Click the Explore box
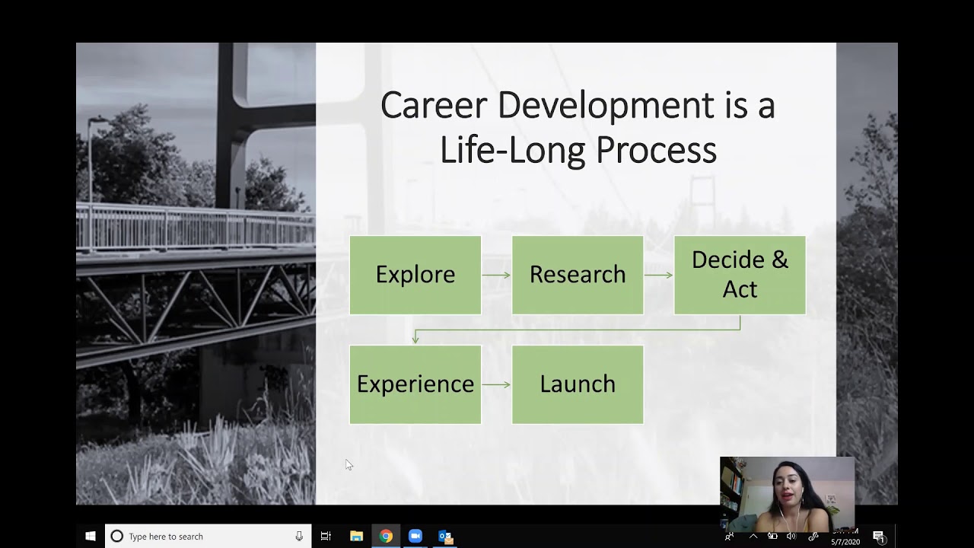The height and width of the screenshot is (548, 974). tap(415, 275)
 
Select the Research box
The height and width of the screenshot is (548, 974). tap(577, 275)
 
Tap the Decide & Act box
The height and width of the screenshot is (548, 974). tap(739, 275)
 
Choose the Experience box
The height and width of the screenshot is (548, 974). tap(415, 384)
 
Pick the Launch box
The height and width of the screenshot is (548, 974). tap(577, 384)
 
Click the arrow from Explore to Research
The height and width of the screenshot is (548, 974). tap(496, 275)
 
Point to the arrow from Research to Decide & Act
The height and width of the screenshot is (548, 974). tap(658, 275)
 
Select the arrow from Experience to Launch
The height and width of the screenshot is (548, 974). tap(496, 384)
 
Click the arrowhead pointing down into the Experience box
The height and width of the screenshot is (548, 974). tap(415, 339)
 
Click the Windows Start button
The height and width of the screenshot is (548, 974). tap(91, 537)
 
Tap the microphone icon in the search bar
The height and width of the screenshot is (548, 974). tap(299, 537)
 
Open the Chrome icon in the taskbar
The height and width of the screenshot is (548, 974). tap(386, 537)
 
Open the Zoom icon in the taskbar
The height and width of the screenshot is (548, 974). tap(415, 537)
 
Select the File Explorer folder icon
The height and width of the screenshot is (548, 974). tap(356, 537)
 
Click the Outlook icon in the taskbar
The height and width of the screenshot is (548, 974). tap(445, 537)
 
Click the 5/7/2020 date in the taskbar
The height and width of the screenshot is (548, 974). tap(845, 542)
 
